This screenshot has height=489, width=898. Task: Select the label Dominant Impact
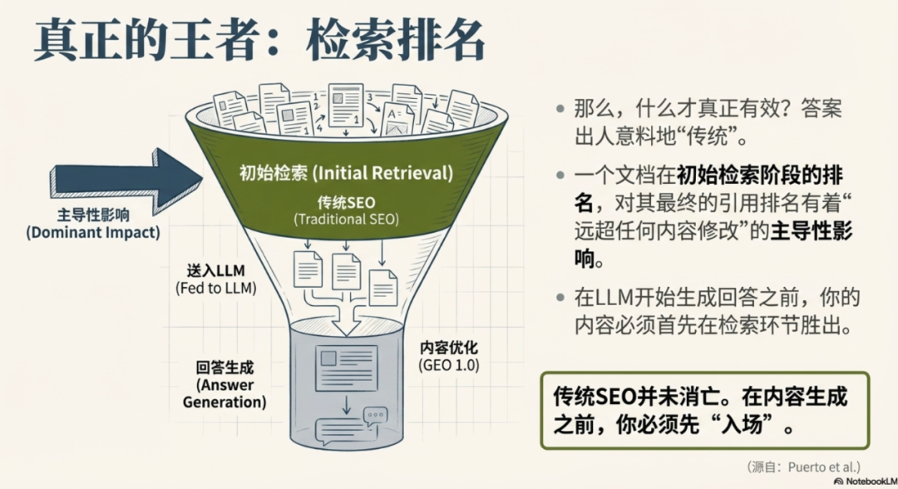click(92, 232)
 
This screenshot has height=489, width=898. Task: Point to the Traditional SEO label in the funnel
click(346, 220)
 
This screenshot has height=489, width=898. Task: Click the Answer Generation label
click(230, 393)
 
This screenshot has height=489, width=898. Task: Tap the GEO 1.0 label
click(449, 366)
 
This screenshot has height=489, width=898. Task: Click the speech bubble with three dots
click(376, 415)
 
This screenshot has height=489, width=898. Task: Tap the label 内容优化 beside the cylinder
click(449, 348)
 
